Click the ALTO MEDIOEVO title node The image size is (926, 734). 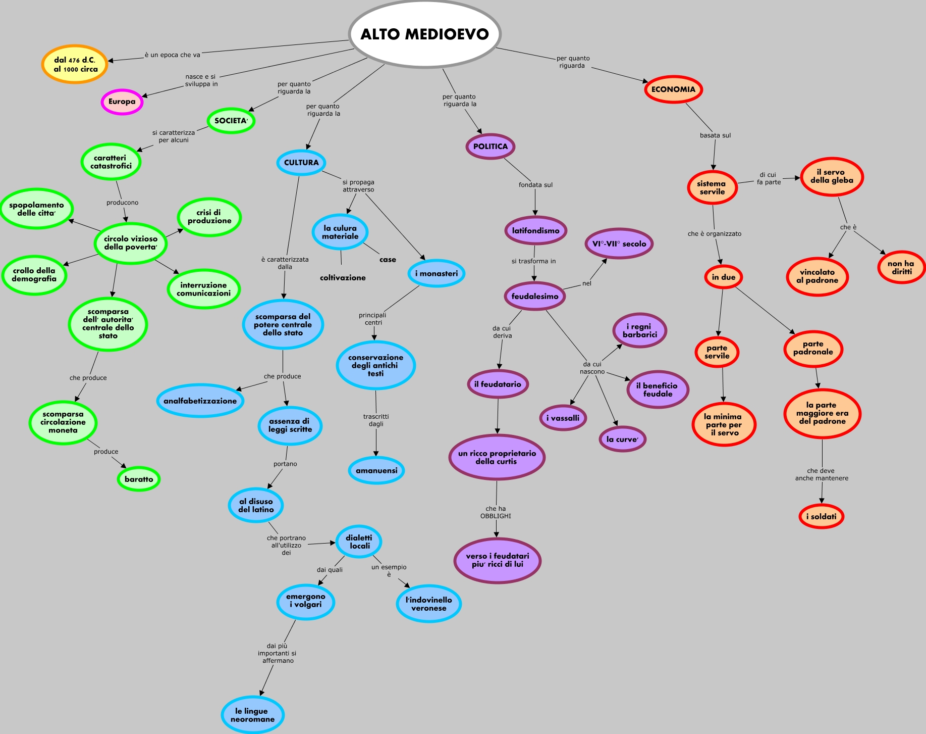click(x=424, y=34)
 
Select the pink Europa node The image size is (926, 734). click(x=122, y=102)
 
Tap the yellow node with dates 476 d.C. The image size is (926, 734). click(x=75, y=64)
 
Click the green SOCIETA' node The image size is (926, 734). click(x=231, y=121)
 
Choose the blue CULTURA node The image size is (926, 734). click(x=301, y=163)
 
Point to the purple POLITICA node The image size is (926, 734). click(x=491, y=146)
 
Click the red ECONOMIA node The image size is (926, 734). click(x=673, y=89)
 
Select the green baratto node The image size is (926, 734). click(x=139, y=479)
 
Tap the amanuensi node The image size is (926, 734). click(x=376, y=470)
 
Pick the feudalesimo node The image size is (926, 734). click(x=535, y=296)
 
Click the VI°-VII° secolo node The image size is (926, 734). click(x=619, y=243)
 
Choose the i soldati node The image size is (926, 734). click(x=821, y=516)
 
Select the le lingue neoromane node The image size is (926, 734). click(x=252, y=715)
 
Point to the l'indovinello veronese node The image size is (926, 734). click(x=429, y=604)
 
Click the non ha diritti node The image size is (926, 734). click(x=901, y=267)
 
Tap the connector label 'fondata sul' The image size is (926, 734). click(x=535, y=185)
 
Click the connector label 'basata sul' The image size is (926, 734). click(x=715, y=135)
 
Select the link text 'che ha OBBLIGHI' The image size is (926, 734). click(x=496, y=512)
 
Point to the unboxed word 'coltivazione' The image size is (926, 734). click(x=343, y=278)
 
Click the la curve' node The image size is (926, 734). click(x=622, y=439)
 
